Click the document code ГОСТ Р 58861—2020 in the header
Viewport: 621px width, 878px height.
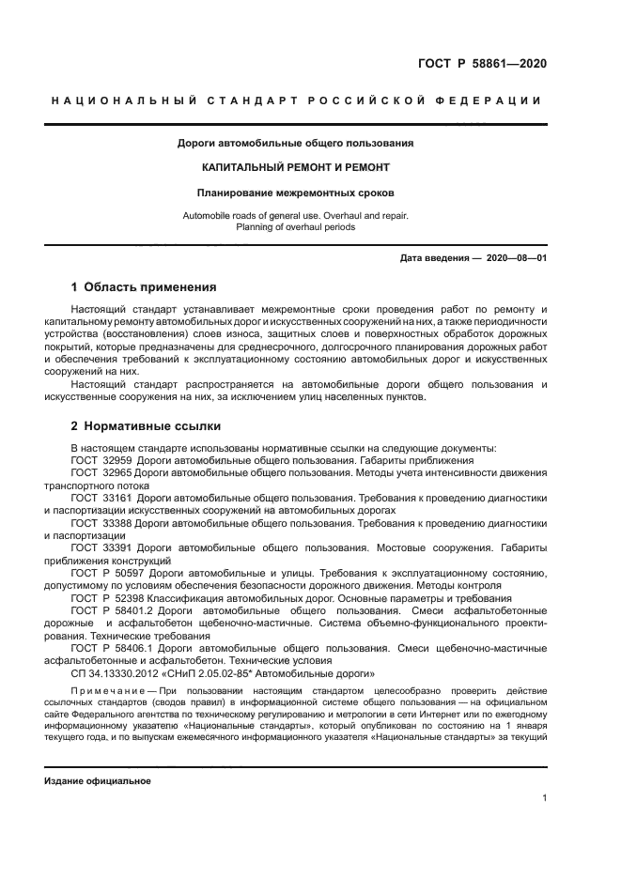click(x=482, y=64)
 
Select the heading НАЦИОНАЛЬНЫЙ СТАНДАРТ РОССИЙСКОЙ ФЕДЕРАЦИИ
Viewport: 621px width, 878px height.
click(x=295, y=100)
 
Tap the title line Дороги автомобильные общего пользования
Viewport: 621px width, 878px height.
click(x=295, y=144)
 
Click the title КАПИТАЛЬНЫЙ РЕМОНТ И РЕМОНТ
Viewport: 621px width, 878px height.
click(x=295, y=167)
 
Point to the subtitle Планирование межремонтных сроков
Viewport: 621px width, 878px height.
click(x=295, y=193)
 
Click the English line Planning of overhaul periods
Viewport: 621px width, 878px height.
click(x=295, y=227)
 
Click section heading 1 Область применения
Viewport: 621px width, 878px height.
click(x=144, y=287)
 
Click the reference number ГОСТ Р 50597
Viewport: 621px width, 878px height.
click(x=106, y=572)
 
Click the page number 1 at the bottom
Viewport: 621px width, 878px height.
click(x=545, y=798)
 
